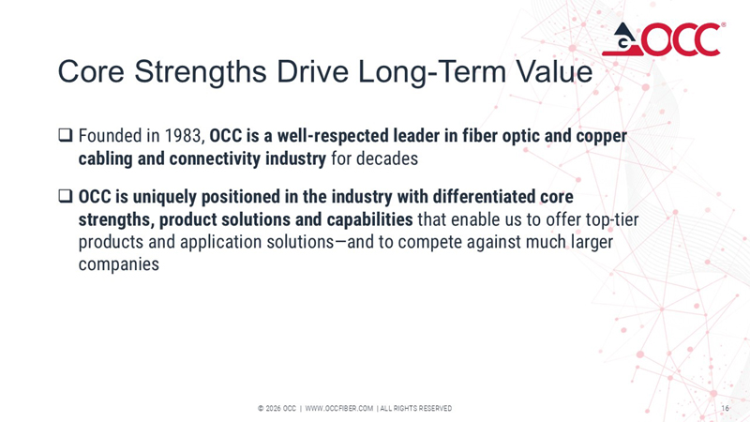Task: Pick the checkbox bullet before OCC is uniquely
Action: point(65,199)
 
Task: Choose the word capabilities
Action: point(357,220)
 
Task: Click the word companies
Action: point(117,264)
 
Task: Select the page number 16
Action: point(725,408)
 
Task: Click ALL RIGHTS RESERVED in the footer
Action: point(416,408)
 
